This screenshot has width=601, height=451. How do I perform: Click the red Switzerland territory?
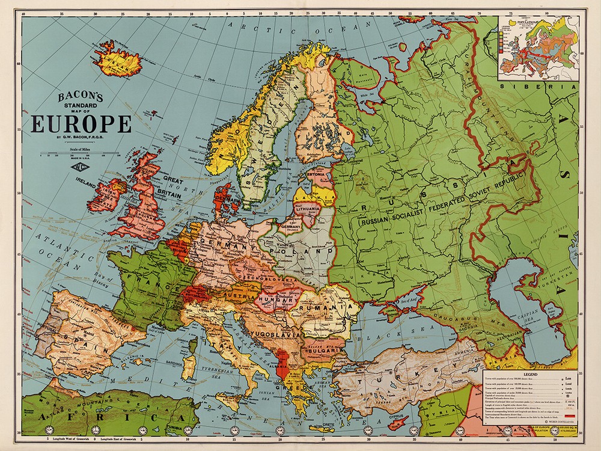pyautogui.click(x=196, y=295)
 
